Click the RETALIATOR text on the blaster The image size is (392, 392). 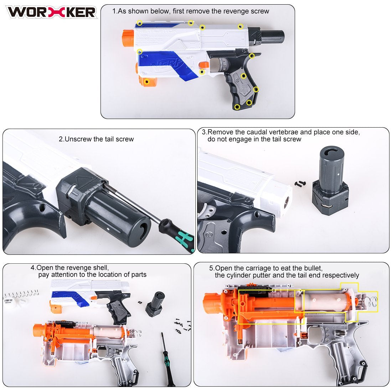(158, 31)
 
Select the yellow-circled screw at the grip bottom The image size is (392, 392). (237, 107)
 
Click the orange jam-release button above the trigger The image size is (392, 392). (204, 65)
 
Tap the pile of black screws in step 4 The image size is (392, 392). (182, 326)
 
